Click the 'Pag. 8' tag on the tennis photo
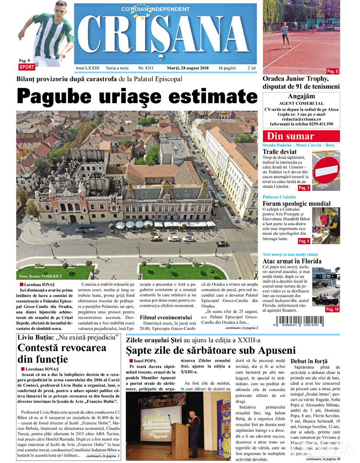332,71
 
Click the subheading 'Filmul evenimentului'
166,317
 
